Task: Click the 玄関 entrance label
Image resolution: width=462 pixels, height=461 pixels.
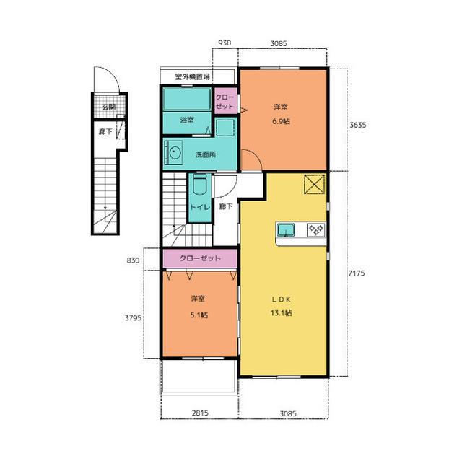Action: pyautogui.click(x=109, y=107)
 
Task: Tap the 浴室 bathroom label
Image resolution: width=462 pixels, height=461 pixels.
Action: pyautogui.click(x=187, y=120)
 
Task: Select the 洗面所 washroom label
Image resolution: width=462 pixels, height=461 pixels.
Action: pyautogui.click(x=206, y=154)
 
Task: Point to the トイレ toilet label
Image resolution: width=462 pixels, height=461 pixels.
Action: pyautogui.click(x=200, y=207)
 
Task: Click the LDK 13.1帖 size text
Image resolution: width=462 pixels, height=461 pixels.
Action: pyautogui.click(x=281, y=313)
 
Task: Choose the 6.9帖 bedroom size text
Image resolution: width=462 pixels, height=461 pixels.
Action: pyautogui.click(x=281, y=121)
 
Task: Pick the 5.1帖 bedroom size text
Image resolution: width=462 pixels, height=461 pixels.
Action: pyautogui.click(x=199, y=315)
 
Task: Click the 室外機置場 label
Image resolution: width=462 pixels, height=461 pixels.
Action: pyautogui.click(x=193, y=76)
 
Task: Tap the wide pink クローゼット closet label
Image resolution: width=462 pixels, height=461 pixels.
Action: pyautogui.click(x=200, y=258)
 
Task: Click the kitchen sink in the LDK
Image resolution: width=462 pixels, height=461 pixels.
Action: pyautogui.click(x=286, y=230)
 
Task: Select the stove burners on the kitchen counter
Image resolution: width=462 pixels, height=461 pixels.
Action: pyautogui.click(x=316, y=230)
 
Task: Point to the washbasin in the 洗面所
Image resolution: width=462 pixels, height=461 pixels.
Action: pyautogui.click(x=174, y=154)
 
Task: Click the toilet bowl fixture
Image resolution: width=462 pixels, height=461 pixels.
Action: pyautogui.click(x=200, y=185)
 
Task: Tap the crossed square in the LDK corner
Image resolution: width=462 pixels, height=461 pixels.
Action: pyautogui.click(x=315, y=184)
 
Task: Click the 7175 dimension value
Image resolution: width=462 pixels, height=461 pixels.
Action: pyautogui.click(x=357, y=273)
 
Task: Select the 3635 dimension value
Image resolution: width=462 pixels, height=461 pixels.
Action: pyautogui.click(x=358, y=125)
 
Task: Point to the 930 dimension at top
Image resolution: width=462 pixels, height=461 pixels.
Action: pyautogui.click(x=225, y=43)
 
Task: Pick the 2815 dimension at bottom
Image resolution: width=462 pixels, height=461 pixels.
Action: pyautogui.click(x=200, y=413)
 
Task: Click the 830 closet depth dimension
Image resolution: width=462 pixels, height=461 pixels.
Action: pyautogui.click(x=133, y=260)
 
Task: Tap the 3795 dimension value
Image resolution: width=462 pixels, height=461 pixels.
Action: pyautogui.click(x=133, y=318)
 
